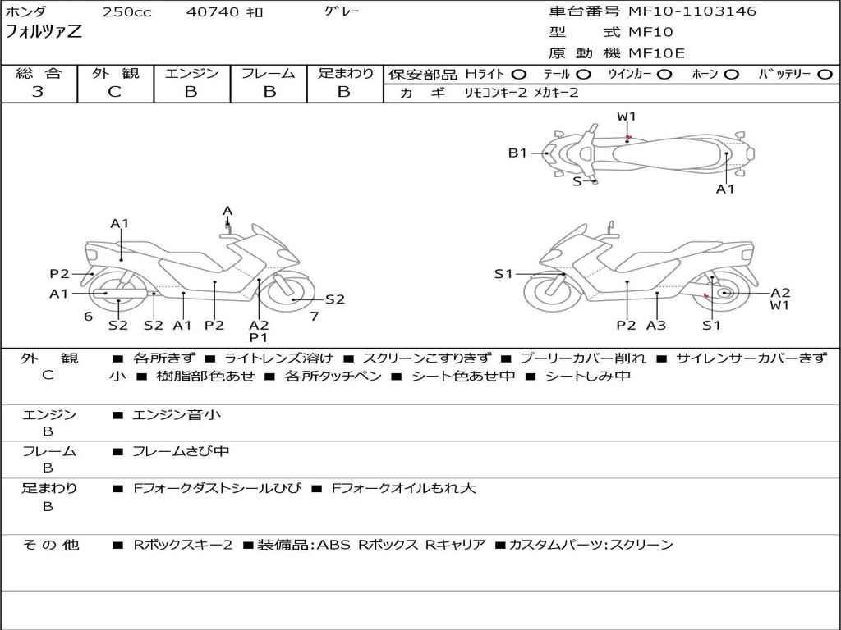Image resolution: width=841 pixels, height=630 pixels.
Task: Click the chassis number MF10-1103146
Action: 692,11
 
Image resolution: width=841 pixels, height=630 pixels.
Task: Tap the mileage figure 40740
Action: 213,12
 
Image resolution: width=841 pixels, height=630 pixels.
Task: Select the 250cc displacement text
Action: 126,12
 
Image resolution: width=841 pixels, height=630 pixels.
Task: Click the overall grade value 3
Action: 38,92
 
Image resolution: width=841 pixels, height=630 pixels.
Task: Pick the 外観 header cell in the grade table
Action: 115,74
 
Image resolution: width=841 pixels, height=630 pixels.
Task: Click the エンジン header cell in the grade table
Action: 191,74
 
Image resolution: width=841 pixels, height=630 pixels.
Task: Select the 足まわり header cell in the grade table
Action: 345,74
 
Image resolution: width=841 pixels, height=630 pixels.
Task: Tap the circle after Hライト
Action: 519,75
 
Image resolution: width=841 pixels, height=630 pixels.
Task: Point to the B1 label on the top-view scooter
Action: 517,153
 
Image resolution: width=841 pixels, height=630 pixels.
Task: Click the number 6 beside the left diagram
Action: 88,317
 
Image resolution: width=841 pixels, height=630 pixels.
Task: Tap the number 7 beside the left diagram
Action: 314,317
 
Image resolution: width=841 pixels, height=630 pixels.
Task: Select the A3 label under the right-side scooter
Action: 656,326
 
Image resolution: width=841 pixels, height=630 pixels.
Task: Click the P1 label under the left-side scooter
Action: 259,337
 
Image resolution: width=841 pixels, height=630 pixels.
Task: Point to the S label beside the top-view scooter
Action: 577,181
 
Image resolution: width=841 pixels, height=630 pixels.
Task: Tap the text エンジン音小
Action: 177,415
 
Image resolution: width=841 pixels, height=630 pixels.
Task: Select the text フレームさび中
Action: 181,451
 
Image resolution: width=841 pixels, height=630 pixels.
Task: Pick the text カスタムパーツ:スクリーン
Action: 591,545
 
